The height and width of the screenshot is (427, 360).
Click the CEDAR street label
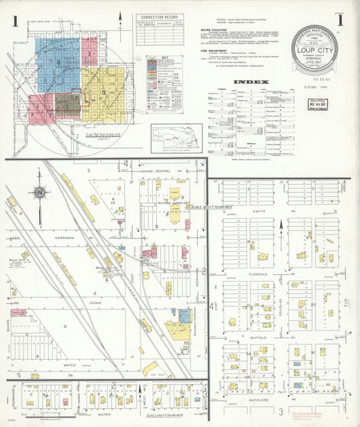[x=95, y=303]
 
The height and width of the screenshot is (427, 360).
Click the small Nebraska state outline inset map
[x=176, y=139]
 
